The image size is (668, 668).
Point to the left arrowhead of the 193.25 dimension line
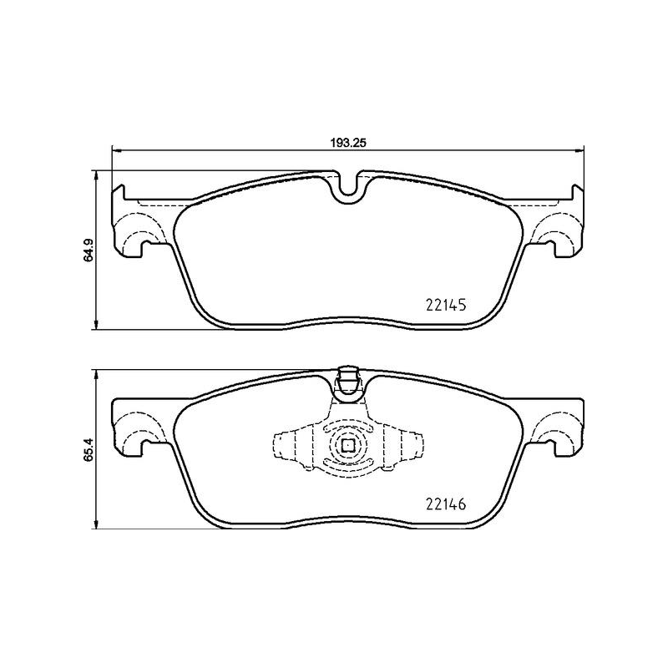click(116, 150)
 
